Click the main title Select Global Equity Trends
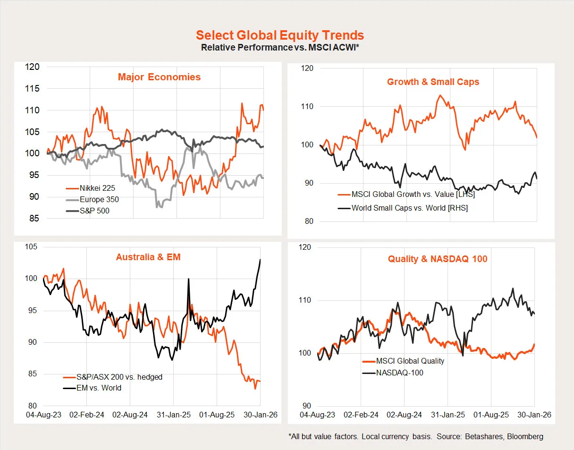[x=280, y=35]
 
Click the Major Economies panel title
[x=159, y=77]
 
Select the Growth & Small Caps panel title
[x=433, y=82]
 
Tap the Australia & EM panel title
[x=148, y=257]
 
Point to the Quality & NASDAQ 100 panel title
[x=438, y=259]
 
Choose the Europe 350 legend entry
[x=99, y=199]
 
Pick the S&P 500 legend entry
[x=94, y=211]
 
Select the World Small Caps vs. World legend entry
[x=410, y=207]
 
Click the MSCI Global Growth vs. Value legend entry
[x=413, y=194]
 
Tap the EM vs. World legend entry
[x=99, y=388]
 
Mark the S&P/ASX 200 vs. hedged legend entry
[x=119, y=377]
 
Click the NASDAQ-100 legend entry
[x=399, y=373]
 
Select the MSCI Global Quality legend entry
[x=410, y=361]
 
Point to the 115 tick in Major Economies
[x=33, y=89]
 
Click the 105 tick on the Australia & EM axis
[x=31, y=247]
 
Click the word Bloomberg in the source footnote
[x=525, y=436]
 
